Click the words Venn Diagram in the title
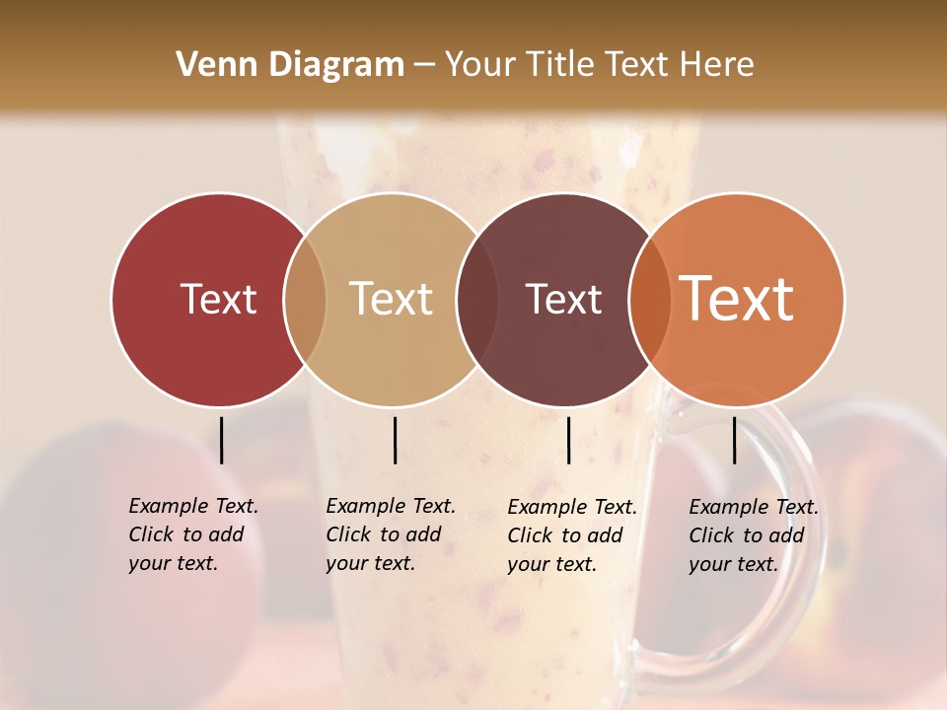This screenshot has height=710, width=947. [x=290, y=65]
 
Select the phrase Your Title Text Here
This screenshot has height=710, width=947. [x=599, y=65]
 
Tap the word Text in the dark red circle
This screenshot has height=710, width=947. [x=218, y=299]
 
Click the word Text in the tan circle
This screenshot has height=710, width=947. [x=392, y=299]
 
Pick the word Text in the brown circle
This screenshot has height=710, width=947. [x=563, y=299]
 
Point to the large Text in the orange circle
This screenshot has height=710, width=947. [x=737, y=298]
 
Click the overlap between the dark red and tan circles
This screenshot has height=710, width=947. [x=305, y=299]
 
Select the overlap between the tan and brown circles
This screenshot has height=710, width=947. [x=477, y=299]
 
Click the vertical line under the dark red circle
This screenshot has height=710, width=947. [x=221, y=440]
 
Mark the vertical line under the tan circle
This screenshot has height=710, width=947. [x=395, y=440]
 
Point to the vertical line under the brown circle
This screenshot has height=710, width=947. [x=568, y=440]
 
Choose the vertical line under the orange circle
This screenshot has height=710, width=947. [x=734, y=440]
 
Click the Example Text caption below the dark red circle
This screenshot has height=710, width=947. [x=192, y=534]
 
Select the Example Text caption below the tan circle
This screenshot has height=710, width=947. [x=390, y=534]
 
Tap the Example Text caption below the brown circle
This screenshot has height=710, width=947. [x=571, y=535]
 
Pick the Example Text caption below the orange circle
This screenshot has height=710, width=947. [x=753, y=535]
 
